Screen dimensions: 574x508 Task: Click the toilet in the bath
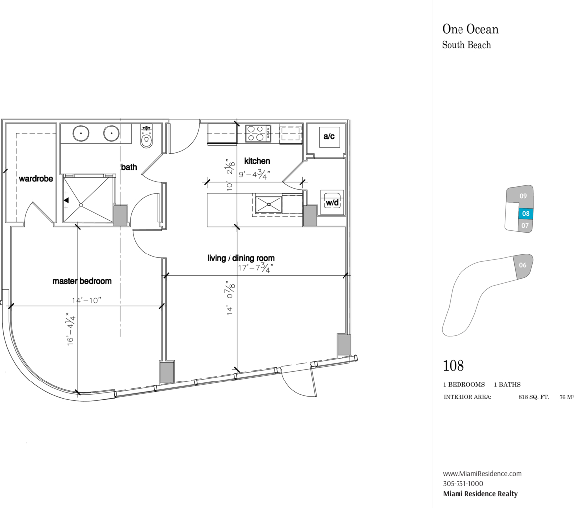pos(146,136)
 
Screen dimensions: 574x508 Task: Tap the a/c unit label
pos(329,136)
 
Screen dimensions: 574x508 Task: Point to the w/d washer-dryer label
pos(332,202)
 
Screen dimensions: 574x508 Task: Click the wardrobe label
pos(36,179)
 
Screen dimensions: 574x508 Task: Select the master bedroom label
pos(82,281)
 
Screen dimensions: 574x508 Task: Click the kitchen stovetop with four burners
pos(258,133)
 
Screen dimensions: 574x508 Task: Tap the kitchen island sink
pos(269,204)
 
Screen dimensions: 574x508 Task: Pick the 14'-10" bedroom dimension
pos(87,301)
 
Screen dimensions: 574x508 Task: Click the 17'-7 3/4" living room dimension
pos(255,268)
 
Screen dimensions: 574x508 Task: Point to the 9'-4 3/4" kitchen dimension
pos(255,174)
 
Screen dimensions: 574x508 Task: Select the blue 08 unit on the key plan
pos(526,214)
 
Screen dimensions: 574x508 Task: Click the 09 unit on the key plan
pos(523,196)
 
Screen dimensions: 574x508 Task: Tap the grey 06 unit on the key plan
pos(523,265)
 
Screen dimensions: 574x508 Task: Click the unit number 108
pos(453,366)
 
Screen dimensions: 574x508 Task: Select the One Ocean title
pos(470,29)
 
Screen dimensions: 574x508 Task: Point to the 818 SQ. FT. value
pos(533,397)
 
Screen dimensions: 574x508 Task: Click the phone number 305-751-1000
pos(463,484)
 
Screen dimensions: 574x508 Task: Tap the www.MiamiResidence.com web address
pos(482,474)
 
